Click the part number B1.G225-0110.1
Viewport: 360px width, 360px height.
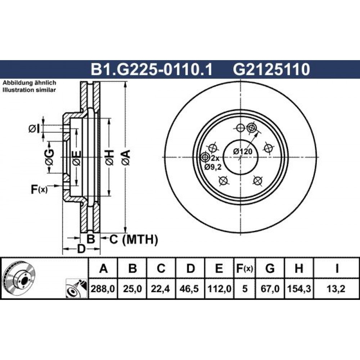[152, 69]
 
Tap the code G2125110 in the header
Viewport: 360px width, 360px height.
[271, 69]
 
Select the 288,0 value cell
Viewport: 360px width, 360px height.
[103, 289]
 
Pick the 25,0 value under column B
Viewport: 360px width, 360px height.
[132, 289]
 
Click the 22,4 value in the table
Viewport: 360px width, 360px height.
[160, 289]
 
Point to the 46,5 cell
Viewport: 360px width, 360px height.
[190, 289]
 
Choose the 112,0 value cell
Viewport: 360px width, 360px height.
[219, 289]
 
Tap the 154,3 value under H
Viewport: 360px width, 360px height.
[299, 289]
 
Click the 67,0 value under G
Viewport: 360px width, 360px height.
[270, 289]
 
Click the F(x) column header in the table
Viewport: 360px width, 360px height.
[244, 269]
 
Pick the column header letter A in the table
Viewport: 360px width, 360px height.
[103, 269]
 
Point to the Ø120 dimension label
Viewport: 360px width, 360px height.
[243, 152]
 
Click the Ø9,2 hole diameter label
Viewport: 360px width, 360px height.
[213, 167]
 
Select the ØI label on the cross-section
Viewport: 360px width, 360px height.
[35, 129]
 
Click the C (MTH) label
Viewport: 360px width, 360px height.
[134, 239]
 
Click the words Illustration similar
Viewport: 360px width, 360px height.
[29, 90]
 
